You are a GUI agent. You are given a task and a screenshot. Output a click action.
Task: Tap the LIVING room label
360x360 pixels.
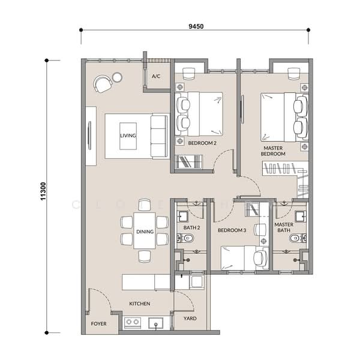pos(128,136)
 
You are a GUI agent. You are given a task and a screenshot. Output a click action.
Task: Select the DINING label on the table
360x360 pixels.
pos(144,232)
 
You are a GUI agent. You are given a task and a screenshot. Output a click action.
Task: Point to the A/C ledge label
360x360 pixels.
pos(156,77)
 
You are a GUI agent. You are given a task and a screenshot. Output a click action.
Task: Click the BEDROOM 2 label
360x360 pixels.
pos(202,143)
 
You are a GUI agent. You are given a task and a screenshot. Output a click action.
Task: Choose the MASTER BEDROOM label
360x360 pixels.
pos(273,151)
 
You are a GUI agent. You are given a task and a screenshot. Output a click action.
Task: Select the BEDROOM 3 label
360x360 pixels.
pos(231,230)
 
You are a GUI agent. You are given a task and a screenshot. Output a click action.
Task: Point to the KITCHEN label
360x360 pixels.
pos(140,304)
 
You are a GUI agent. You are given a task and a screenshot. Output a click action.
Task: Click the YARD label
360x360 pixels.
pos(190,319)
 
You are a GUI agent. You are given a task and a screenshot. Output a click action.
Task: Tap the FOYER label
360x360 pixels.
pos(98,323)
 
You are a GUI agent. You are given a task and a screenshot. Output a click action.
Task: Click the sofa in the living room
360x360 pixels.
pos(159,136)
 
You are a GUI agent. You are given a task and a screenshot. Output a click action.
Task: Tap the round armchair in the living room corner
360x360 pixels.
pos(103,84)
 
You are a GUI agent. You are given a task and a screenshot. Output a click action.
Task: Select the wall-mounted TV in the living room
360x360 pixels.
pos(90,136)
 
